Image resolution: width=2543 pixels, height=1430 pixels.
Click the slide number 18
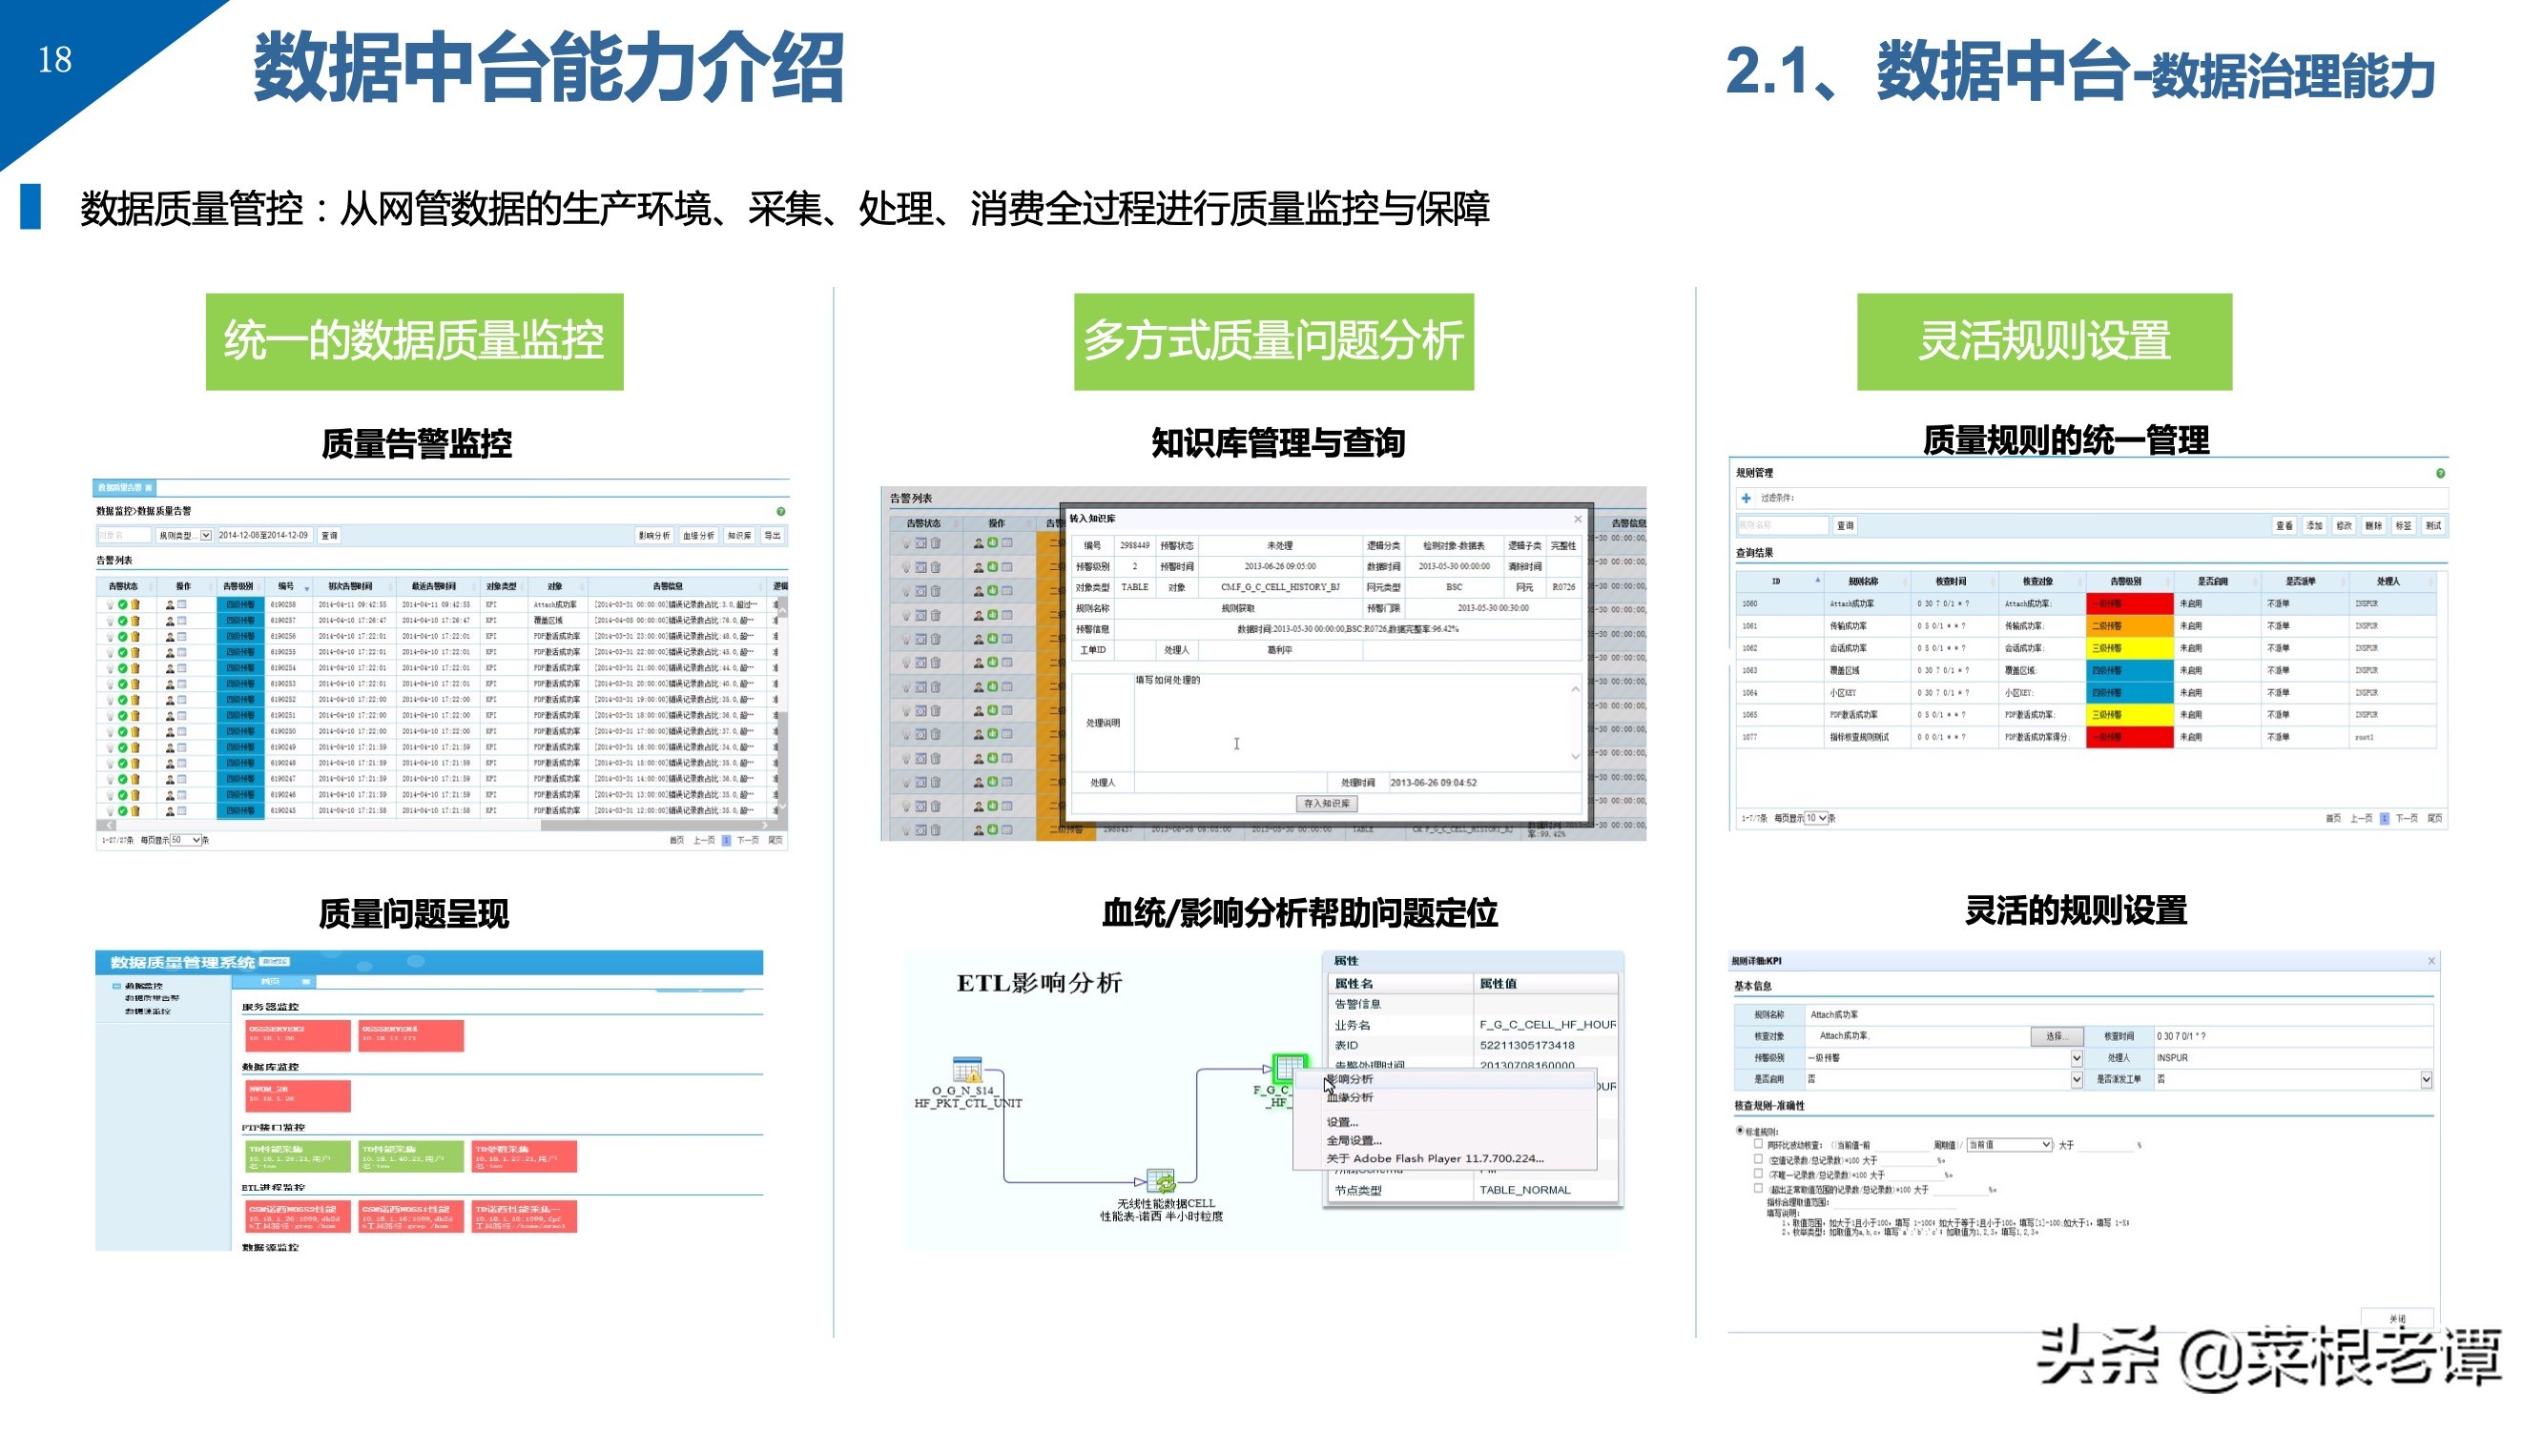[55, 60]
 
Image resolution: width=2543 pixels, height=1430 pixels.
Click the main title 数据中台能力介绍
[548, 68]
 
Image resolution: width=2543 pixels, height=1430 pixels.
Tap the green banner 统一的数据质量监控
[414, 341]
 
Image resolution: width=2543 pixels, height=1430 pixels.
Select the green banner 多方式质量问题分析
[1273, 341]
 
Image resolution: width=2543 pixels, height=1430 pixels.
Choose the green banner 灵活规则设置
[2043, 341]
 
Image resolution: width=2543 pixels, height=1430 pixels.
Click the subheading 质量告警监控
[417, 443]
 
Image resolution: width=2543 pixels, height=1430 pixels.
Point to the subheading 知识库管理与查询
[1278, 443]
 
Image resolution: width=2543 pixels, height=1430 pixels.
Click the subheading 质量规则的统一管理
[2065, 440]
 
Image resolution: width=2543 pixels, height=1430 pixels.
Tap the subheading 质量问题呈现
[414, 914]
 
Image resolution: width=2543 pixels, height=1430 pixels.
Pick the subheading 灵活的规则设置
[2075, 909]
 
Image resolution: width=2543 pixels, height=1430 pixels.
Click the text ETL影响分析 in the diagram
[1040, 983]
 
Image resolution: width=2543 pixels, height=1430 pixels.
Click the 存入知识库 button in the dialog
[1326, 804]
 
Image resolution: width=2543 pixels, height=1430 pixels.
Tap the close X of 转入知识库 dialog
[1577, 520]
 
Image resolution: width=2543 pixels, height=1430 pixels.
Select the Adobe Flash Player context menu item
[1435, 1158]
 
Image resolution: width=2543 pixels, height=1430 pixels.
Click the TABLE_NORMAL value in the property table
[1524, 1190]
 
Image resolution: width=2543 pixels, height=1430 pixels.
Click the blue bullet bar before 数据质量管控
[31, 207]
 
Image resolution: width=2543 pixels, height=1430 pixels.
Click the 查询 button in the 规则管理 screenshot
[1844, 526]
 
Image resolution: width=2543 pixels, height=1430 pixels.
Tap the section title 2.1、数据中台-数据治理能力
[2079, 72]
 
